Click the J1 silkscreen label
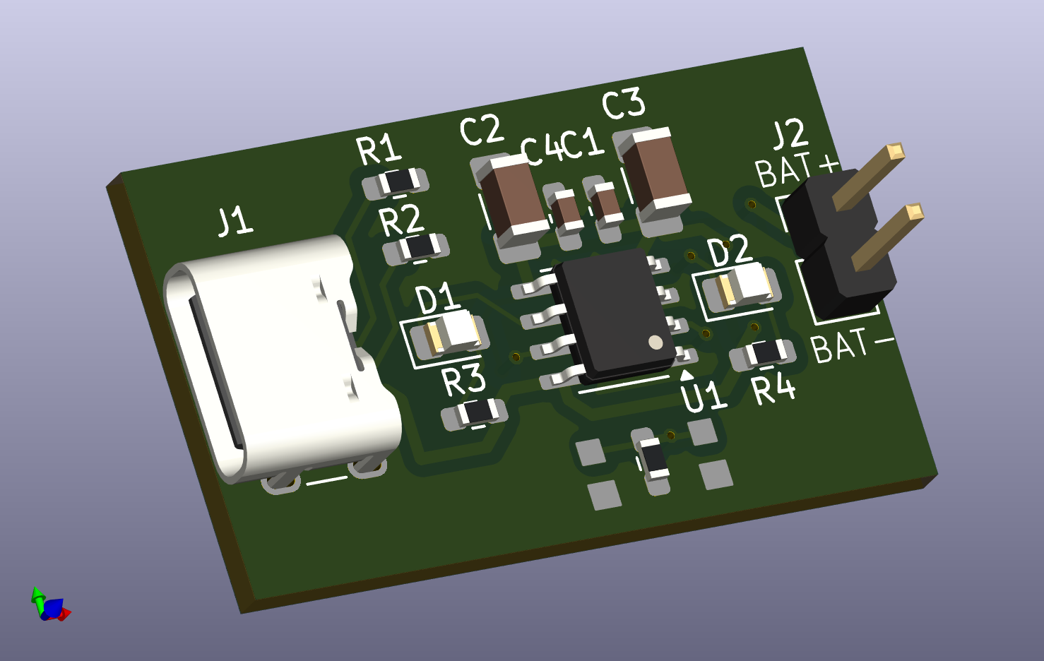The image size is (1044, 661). tap(236, 222)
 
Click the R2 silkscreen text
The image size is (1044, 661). tap(402, 220)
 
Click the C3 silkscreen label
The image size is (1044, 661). tap(624, 103)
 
